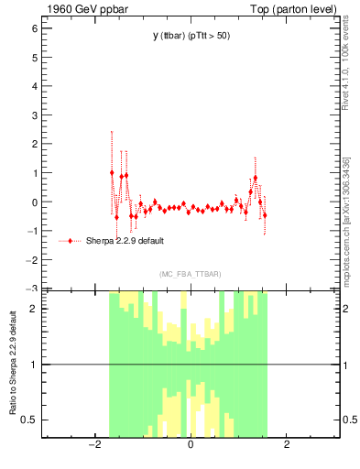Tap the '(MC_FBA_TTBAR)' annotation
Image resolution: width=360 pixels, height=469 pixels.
pyautogui.click(x=191, y=274)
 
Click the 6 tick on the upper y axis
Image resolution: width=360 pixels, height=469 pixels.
pyautogui.click(x=34, y=28)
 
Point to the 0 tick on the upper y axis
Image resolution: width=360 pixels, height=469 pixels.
pyautogui.click(x=34, y=202)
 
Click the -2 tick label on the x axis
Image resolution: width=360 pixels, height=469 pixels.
pyautogui.click(x=93, y=446)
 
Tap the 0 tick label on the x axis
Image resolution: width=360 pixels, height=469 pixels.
pyautogui.click(x=191, y=446)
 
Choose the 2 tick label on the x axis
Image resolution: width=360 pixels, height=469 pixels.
pyautogui.click(x=287, y=446)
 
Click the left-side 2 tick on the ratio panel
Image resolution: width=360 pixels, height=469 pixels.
pyautogui.click(x=34, y=309)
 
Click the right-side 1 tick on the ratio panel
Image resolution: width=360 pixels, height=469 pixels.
pyautogui.click(x=348, y=365)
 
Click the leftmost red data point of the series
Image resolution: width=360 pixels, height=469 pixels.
pyautogui.click(x=112, y=172)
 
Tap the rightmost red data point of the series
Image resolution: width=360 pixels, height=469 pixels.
pyautogui.click(x=265, y=215)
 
